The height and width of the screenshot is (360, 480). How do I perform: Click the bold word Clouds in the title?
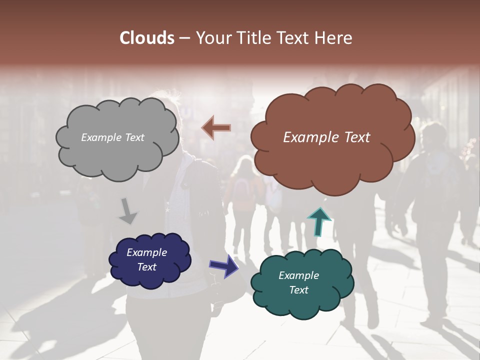click(146, 38)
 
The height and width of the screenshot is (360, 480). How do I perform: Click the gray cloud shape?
click(117, 150)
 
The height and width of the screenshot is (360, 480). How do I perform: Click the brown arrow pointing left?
click(216, 127)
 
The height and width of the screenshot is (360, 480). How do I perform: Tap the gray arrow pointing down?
click(128, 211)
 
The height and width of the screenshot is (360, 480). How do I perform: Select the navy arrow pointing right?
click(224, 265)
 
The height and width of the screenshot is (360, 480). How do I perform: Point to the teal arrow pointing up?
click(318, 222)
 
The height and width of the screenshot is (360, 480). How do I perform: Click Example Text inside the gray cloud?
click(112, 137)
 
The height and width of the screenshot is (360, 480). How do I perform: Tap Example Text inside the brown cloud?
click(326, 137)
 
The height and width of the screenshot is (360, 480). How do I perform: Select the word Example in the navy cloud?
click(146, 252)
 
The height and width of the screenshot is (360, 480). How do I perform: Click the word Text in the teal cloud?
click(298, 290)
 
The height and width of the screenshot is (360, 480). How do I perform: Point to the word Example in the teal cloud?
click(298, 275)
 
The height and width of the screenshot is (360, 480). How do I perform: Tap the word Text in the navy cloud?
click(147, 267)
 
